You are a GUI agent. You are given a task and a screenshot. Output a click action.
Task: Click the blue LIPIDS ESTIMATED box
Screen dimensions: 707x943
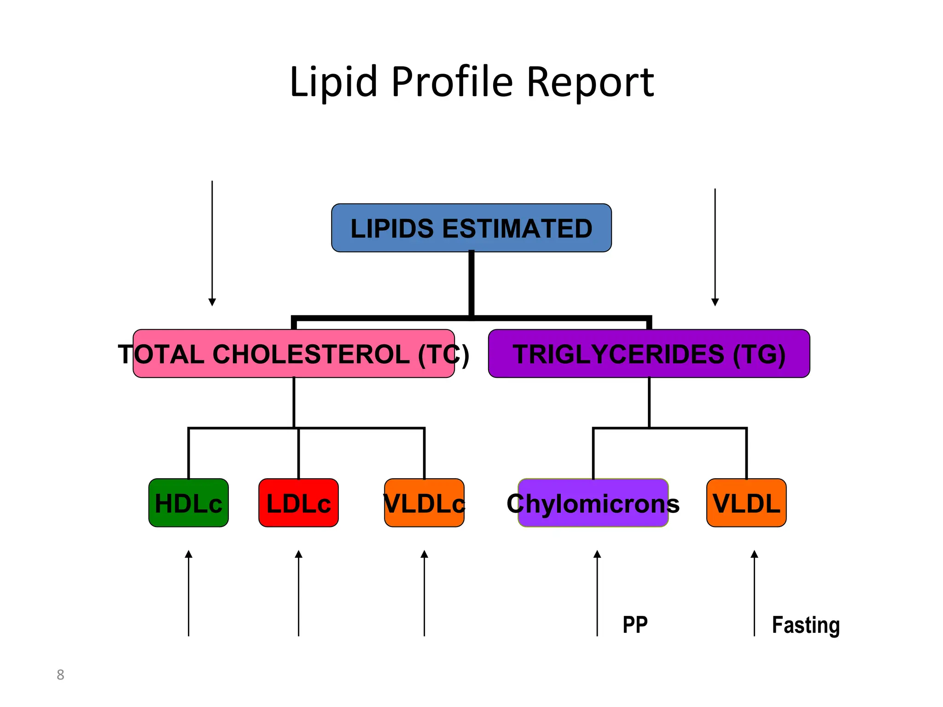point(471,228)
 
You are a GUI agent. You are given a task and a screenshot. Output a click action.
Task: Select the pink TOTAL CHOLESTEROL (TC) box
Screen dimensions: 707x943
point(294,353)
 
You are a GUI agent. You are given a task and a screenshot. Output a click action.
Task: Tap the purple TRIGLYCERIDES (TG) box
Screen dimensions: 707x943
point(649,353)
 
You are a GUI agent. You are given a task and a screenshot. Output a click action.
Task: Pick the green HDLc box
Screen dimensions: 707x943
point(188,503)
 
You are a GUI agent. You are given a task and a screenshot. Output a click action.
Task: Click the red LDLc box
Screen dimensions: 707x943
point(298,503)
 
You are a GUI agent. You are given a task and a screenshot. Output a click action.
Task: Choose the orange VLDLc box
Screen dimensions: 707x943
point(424,503)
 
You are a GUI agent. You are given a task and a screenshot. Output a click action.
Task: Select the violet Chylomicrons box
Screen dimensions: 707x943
point(593,503)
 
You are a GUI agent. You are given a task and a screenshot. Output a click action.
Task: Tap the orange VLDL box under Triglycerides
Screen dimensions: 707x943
point(746,503)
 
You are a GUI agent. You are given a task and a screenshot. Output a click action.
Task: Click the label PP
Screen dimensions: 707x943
point(635,625)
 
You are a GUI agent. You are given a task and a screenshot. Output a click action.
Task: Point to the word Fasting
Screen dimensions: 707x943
point(806,625)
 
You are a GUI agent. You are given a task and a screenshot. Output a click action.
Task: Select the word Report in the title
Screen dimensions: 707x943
point(590,83)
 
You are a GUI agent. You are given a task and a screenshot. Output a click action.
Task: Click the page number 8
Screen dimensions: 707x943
point(60,674)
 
